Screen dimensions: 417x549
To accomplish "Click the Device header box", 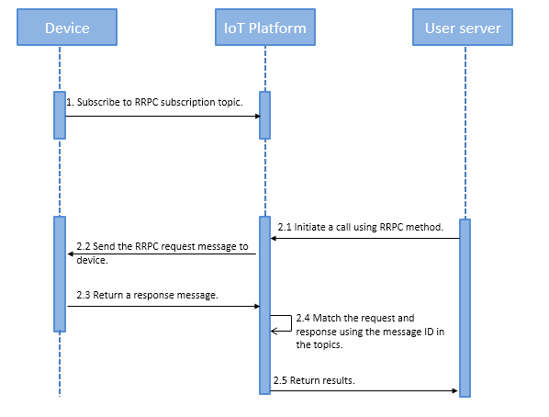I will (67, 28).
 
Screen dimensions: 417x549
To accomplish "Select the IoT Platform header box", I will (265, 28).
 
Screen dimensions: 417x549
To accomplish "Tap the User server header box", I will (463, 28).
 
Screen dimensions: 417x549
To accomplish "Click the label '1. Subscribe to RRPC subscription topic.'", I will (154, 102).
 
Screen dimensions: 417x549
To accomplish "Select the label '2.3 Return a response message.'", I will (147, 294).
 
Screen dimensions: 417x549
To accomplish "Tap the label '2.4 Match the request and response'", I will (370, 332).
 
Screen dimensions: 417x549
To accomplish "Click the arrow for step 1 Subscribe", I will (162, 116).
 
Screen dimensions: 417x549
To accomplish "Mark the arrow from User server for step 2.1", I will (364, 239).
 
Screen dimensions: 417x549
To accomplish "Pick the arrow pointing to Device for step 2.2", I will (162, 254).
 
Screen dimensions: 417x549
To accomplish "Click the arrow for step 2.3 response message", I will (162, 307).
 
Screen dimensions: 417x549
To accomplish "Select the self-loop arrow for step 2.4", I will (284, 322).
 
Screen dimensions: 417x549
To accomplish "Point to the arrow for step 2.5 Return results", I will (364, 391).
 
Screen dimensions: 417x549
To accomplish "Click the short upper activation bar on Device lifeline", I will (60, 115).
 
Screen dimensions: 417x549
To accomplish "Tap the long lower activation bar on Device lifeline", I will (60, 274).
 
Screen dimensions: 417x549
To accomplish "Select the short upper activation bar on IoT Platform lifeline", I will (264, 115).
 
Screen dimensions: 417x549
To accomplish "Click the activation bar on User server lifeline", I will (465, 308).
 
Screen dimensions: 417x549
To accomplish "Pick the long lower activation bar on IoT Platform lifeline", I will (264, 303).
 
